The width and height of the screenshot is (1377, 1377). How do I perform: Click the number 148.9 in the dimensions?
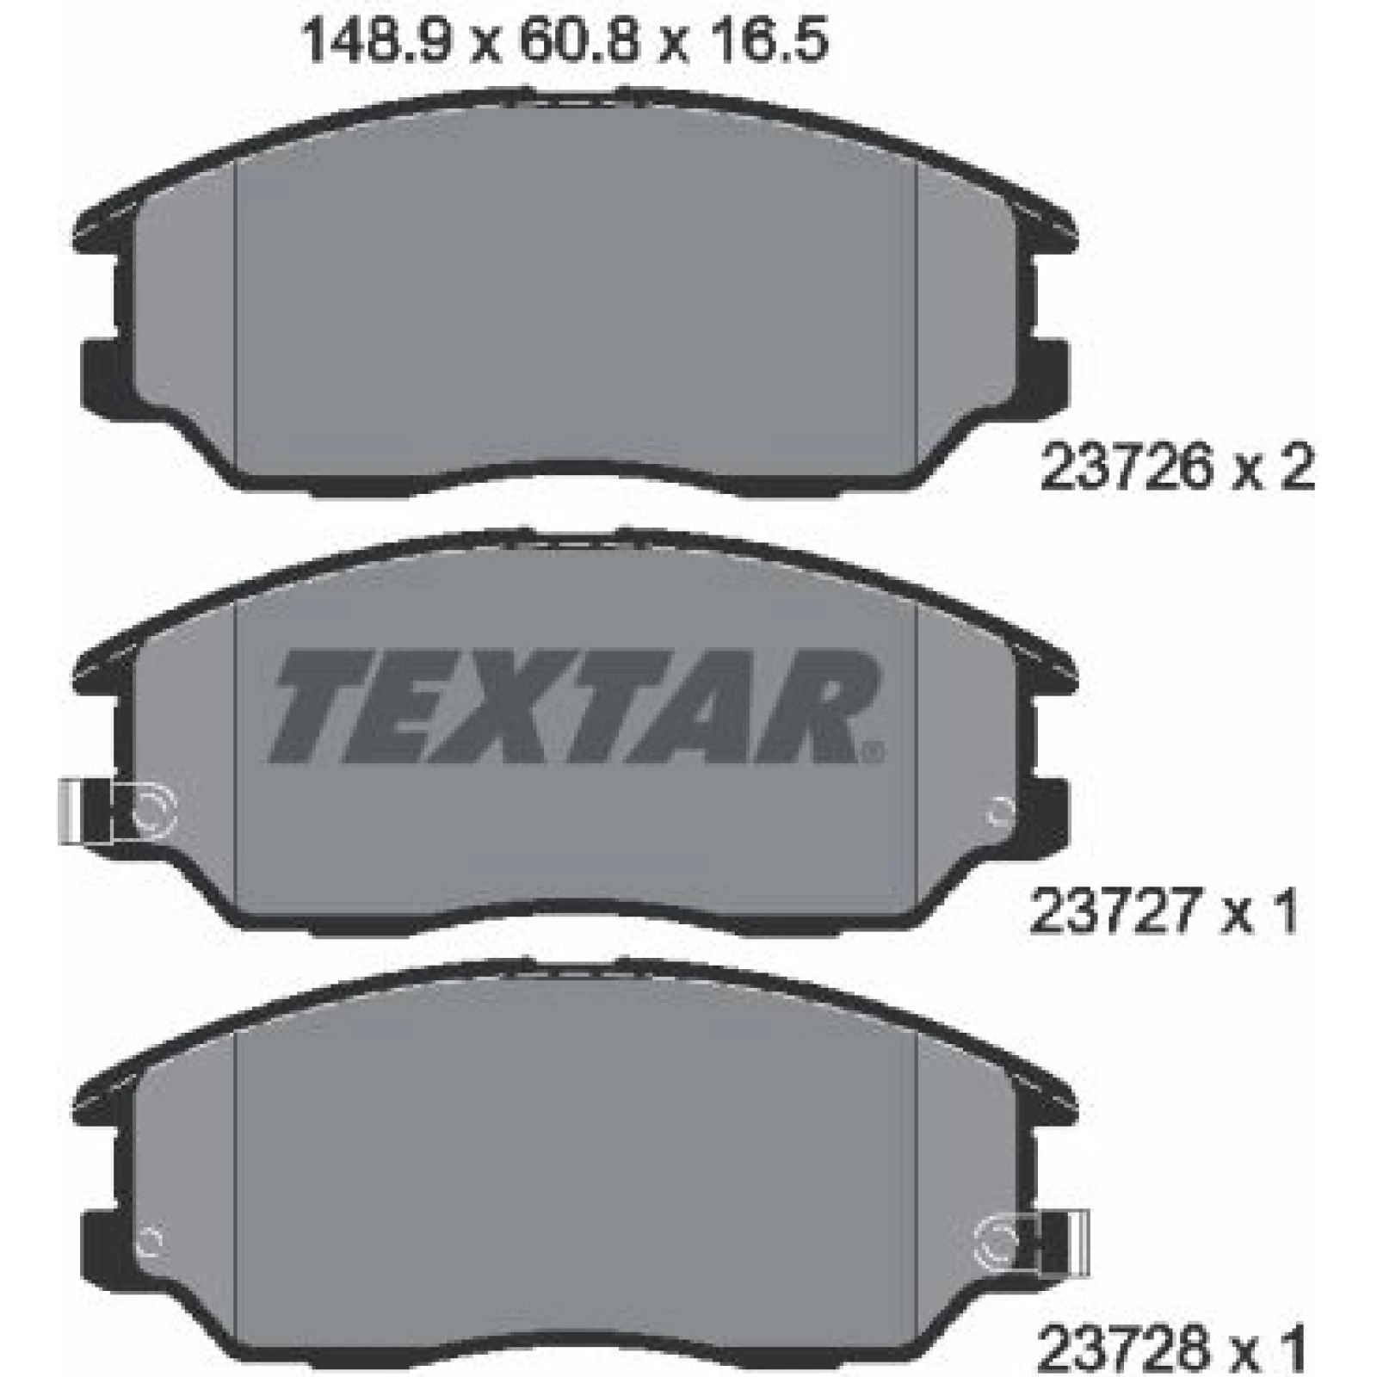pyautogui.click(x=375, y=40)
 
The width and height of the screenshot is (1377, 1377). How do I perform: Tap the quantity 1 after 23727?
pyautogui.click(x=1282, y=911)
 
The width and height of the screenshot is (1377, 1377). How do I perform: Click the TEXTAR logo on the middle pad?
pyautogui.click(x=575, y=706)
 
